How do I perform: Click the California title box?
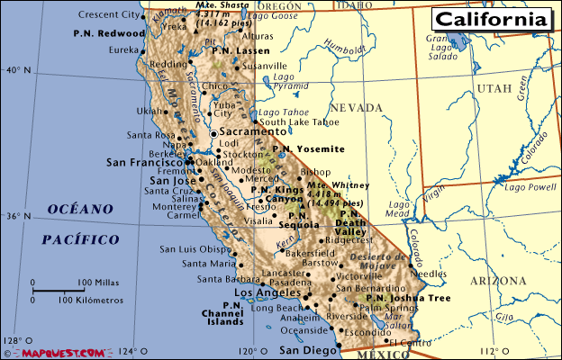(x=492, y=19)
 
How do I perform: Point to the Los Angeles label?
(x=267, y=293)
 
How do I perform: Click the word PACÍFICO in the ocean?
(x=80, y=239)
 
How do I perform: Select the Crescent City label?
(x=109, y=15)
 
